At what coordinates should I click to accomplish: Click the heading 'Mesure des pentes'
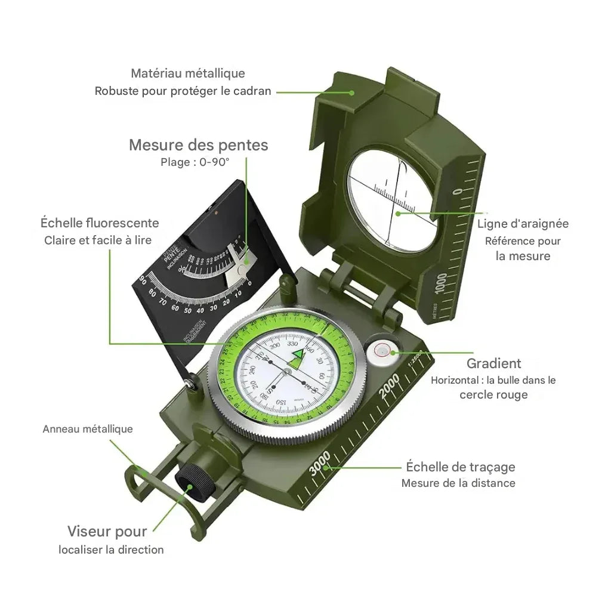(x=198, y=145)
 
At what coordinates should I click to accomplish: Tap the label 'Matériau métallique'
(x=188, y=73)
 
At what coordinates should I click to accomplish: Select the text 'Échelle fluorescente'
(x=100, y=223)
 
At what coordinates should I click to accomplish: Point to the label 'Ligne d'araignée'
(x=523, y=224)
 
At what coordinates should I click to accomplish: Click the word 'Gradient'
(x=493, y=363)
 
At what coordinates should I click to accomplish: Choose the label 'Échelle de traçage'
(x=460, y=467)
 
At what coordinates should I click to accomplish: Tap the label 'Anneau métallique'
(x=88, y=429)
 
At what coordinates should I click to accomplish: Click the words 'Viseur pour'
(x=107, y=531)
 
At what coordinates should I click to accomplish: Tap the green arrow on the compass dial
(x=298, y=356)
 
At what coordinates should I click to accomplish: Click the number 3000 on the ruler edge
(x=320, y=464)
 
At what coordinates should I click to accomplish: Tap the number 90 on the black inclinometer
(x=143, y=279)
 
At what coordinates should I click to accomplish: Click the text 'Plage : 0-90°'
(x=195, y=162)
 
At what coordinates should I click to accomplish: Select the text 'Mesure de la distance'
(x=458, y=483)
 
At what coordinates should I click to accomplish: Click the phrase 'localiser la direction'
(x=111, y=550)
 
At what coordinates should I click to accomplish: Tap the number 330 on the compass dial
(x=293, y=344)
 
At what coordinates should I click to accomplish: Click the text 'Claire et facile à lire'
(x=98, y=240)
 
